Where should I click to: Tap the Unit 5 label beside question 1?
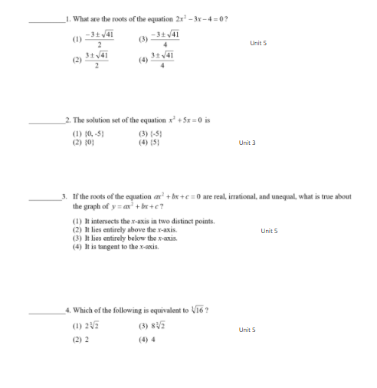click(x=258, y=43)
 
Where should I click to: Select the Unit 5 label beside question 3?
click(x=269, y=230)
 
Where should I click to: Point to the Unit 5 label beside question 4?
click(x=247, y=330)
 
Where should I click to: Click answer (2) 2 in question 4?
click(x=80, y=339)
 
